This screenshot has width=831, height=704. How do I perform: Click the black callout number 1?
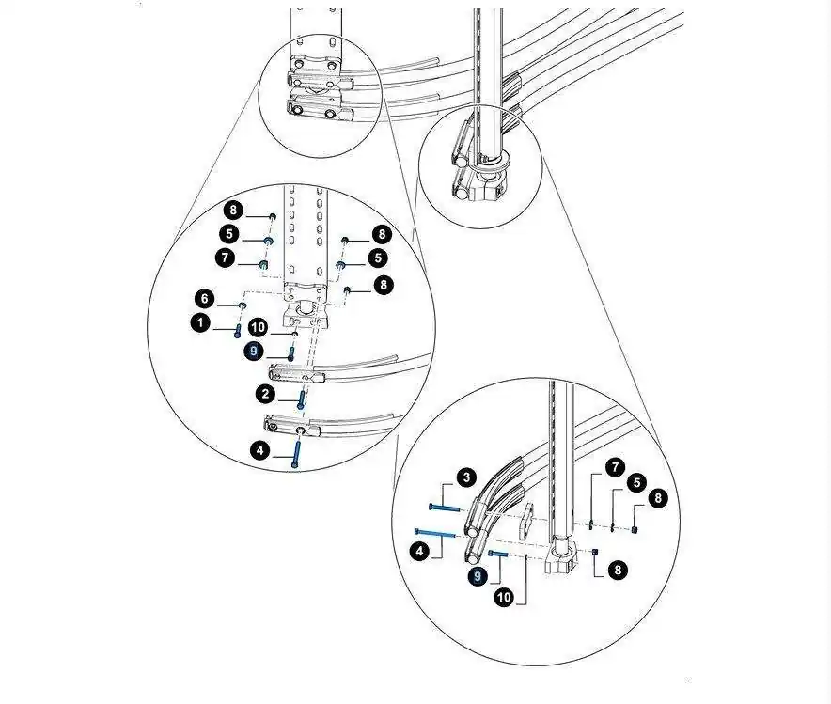click(x=199, y=323)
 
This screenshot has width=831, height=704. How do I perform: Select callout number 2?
click(x=267, y=393)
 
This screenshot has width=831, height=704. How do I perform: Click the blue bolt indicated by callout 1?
click(x=237, y=328)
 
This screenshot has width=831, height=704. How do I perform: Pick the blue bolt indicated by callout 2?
click(x=301, y=400)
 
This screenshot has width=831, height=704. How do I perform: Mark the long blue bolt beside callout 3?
click(x=447, y=507)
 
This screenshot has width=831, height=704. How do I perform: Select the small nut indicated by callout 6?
click(x=242, y=306)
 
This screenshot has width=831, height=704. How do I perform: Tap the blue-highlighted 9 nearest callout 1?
click(x=253, y=351)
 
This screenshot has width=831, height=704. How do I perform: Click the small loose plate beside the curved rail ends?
click(x=526, y=516)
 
